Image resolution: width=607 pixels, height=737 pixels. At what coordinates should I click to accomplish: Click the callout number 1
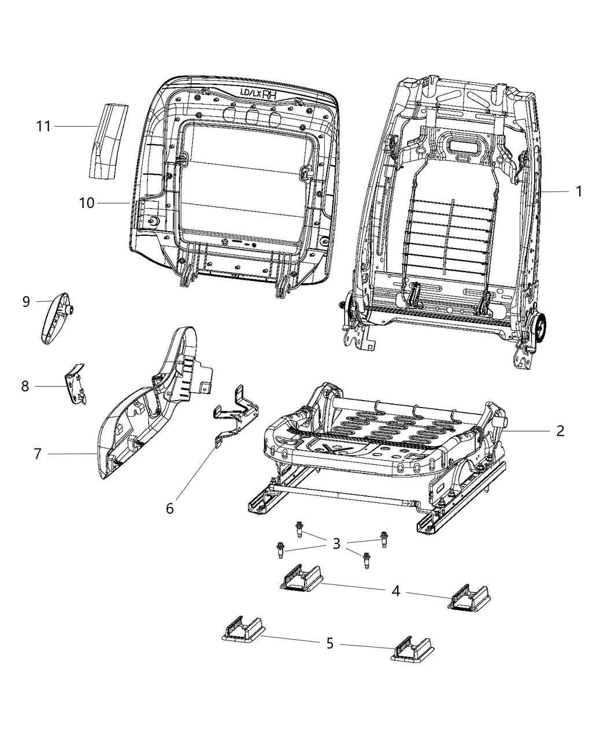point(579,191)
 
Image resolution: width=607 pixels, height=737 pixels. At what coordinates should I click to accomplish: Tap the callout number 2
point(560,431)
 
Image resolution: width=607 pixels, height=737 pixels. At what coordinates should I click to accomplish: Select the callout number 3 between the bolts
point(336,543)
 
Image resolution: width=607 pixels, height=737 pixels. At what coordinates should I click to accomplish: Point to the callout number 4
point(395,591)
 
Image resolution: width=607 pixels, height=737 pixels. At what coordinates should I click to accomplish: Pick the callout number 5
point(330,643)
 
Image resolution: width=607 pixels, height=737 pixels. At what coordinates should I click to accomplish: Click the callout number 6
point(169,508)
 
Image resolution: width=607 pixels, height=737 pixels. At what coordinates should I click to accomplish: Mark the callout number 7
point(38,454)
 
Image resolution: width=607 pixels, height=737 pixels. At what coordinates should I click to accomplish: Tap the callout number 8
point(25,386)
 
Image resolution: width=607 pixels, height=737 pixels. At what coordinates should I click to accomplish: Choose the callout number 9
point(26,301)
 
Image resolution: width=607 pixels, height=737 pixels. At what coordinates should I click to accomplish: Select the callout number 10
point(87,203)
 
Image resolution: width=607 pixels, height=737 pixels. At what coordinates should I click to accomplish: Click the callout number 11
point(44,126)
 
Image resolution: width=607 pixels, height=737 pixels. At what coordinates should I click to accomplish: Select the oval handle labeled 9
point(56,318)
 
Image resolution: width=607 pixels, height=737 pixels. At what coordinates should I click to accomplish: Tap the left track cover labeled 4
point(299,578)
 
